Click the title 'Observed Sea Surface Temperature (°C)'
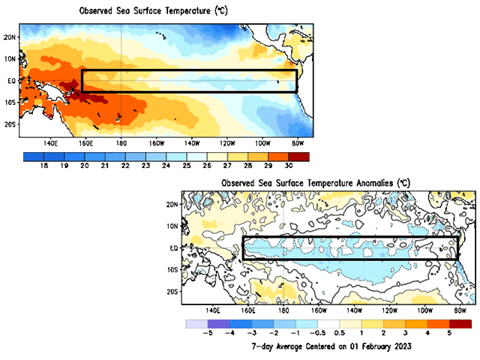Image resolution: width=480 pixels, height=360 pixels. coord(143,10)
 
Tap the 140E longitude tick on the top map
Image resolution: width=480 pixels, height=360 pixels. coord(51,142)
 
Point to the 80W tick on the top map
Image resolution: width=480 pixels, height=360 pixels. coord(297,142)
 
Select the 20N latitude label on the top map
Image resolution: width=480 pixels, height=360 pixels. coord(10,36)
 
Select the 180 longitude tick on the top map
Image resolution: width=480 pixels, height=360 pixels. coord(121,142)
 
